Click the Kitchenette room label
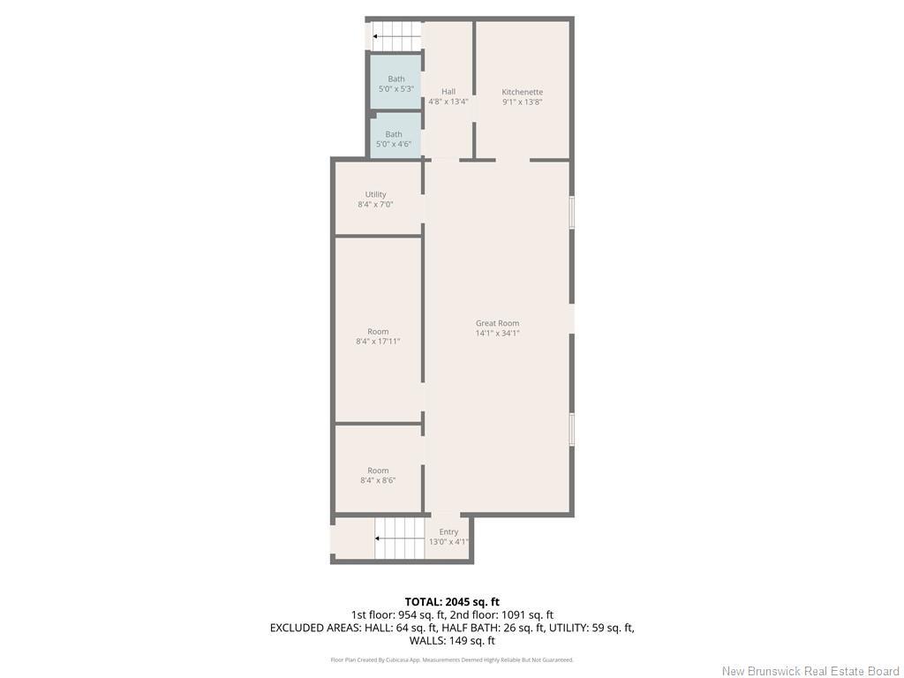(x=522, y=92)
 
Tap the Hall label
(x=448, y=92)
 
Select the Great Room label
(x=497, y=323)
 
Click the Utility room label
(x=375, y=194)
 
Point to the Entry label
(x=448, y=531)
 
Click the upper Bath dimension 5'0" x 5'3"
(x=395, y=89)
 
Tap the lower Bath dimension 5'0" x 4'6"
(x=393, y=144)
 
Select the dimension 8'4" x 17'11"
(x=378, y=342)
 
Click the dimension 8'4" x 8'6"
(x=378, y=480)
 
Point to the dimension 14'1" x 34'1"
(x=497, y=334)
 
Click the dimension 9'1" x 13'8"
(x=522, y=102)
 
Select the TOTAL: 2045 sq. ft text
(x=452, y=602)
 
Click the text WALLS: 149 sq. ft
(x=452, y=641)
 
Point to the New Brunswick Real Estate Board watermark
(x=810, y=671)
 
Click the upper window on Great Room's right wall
(x=572, y=212)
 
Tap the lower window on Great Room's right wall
(x=572, y=429)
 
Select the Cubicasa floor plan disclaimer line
(x=452, y=659)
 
